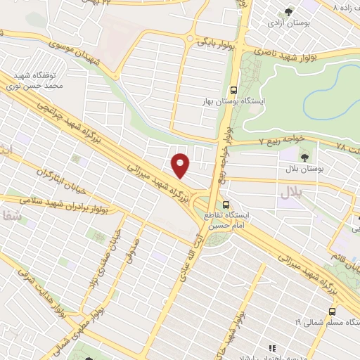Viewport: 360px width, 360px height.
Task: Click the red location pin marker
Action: [181, 165]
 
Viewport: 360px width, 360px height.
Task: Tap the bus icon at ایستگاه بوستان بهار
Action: [234, 90]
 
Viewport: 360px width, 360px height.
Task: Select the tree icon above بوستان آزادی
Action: [289, 11]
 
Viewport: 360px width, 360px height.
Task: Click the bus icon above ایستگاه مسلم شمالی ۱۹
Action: [332, 311]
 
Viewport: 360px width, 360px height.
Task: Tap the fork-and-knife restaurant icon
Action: [271, 347]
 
